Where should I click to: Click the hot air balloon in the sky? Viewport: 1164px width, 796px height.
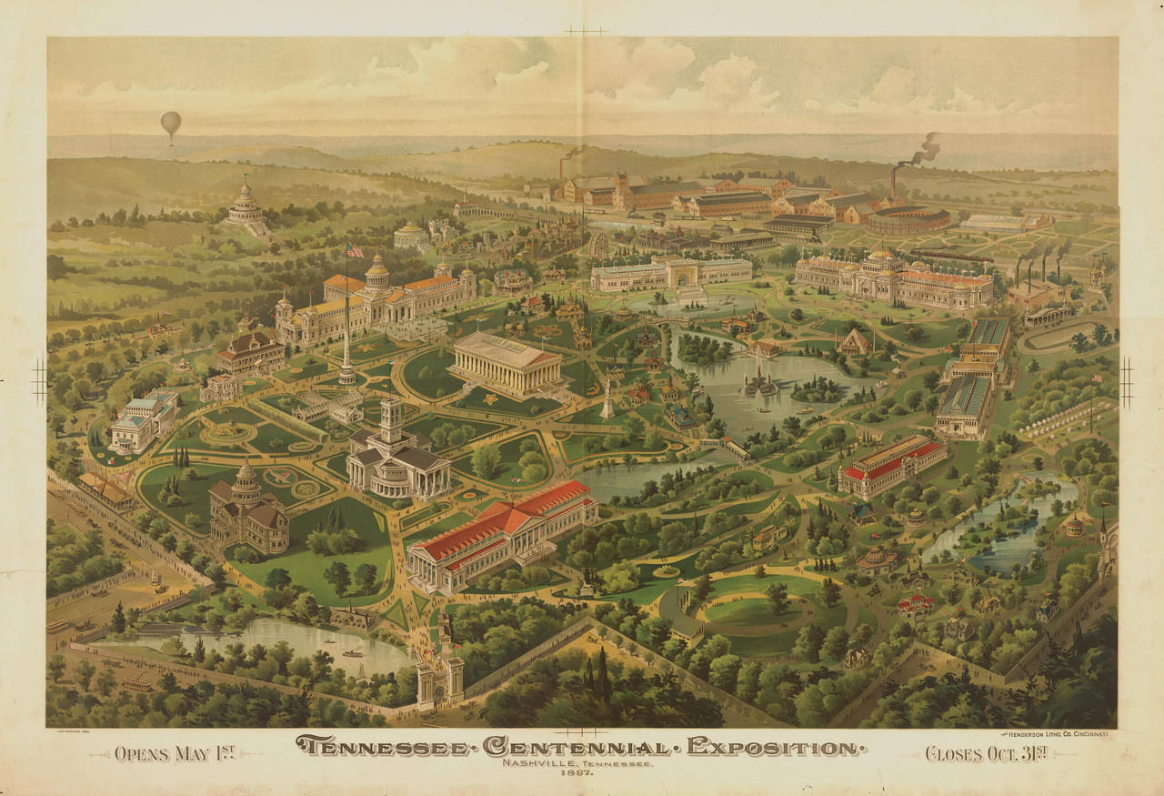[171, 124]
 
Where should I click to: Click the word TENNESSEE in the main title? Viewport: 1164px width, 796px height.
[382, 747]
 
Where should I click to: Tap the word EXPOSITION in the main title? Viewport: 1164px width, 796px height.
[774, 747]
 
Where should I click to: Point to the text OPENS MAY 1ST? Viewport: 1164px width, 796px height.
[174, 753]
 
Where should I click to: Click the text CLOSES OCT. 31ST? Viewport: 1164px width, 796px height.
[986, 753]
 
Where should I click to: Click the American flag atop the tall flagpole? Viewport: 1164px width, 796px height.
[354, 251]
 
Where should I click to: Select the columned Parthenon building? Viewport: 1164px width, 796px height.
[507, 362]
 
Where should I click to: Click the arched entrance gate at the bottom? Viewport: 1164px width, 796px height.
[439, 674]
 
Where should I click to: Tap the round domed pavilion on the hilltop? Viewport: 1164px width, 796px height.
[244, 206]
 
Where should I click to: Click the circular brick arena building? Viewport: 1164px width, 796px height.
[907, 219]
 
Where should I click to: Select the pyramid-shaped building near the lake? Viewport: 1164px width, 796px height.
[854, 342]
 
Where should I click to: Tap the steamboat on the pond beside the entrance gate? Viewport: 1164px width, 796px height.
[352, 652]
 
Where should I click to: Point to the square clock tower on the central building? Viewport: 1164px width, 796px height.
[392, 421]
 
